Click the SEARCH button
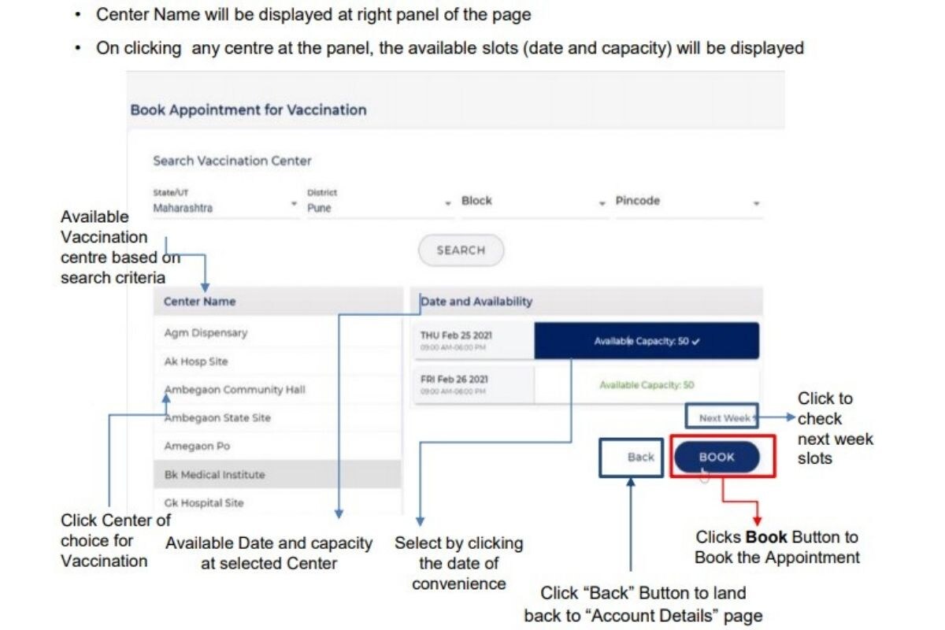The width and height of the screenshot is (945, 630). point(461,250)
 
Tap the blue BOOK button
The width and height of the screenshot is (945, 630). point(717,457)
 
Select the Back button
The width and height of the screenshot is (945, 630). point(640,457)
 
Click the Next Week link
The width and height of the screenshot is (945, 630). point(724,417)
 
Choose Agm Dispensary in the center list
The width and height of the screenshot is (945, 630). point(206,333)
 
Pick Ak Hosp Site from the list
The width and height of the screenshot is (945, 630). point(196,361)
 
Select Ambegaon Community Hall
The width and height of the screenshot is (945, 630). point(235,390)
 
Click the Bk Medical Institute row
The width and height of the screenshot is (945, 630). point(214,475)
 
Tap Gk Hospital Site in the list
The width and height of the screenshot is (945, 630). point(204,503)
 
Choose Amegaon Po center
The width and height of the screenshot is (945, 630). point(197,447)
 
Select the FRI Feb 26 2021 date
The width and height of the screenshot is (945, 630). point(454,380)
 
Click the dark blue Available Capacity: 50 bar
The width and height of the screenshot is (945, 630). point(647,342)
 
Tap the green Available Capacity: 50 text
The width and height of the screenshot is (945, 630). point(647,385)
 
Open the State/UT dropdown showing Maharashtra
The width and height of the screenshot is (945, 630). point(224,203)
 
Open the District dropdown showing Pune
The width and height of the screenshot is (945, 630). point(378,203)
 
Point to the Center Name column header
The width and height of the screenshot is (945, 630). point(199,302)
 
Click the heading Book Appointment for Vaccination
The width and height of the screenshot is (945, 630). point(248,110)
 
